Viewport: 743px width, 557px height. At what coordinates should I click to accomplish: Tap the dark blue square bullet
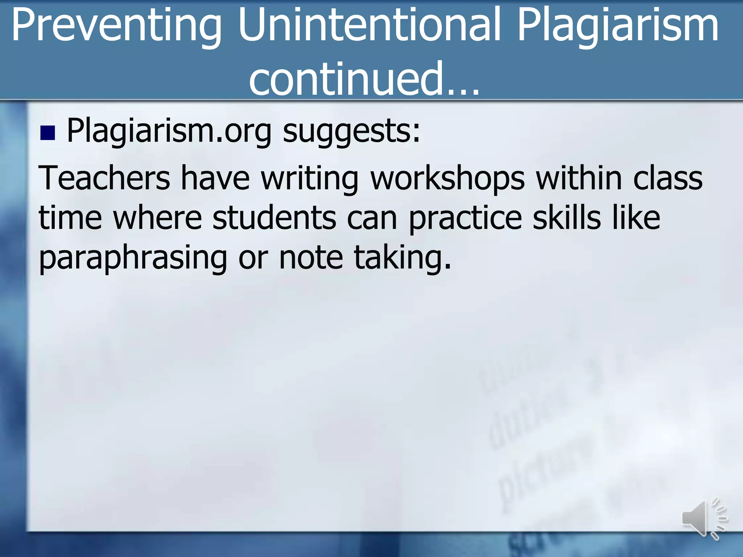tap(48, 133)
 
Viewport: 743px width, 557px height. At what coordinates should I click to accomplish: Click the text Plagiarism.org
tap(169, 131)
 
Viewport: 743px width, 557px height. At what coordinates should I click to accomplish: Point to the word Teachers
tap(104, 178)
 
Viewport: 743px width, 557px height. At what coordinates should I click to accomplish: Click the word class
tap(668, 178)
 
